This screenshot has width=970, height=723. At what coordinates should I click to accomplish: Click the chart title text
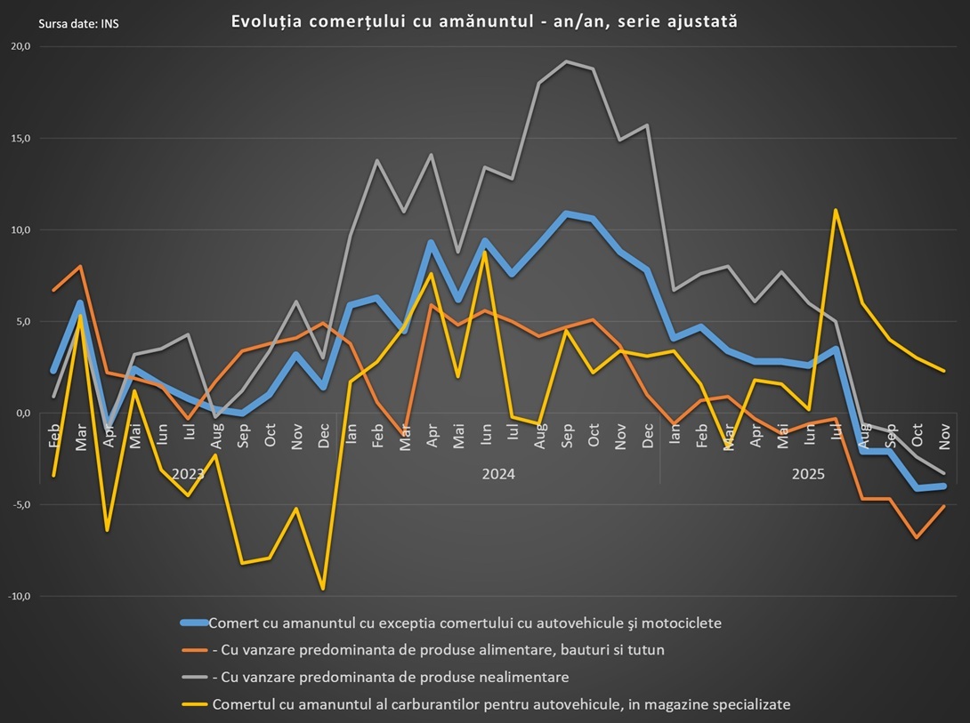(484, 21)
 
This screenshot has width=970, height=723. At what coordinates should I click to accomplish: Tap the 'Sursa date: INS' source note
(78, 23)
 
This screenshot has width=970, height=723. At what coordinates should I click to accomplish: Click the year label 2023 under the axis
(188, 474)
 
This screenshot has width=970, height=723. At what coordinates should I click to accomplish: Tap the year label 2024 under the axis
(498, 474)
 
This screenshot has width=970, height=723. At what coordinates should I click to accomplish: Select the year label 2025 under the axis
(808, 474)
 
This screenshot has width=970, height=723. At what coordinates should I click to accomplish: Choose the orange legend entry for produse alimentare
(438, 650)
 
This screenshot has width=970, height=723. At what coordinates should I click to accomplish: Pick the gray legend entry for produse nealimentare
(390, 678)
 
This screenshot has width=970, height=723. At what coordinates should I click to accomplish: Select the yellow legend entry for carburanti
(500, 704)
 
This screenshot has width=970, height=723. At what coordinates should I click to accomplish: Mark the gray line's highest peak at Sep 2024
(566, 61)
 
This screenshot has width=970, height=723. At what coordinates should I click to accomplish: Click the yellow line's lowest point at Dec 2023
(323, 589)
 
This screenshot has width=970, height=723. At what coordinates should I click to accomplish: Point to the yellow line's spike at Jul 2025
(836, 211)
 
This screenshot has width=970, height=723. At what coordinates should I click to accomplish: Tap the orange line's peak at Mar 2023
(81, 267)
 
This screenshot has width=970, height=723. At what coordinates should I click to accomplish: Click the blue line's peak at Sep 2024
(566, 214)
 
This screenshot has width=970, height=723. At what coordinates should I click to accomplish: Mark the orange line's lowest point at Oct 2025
(917, 537)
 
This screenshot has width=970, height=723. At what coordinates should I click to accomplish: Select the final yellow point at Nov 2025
(943, 371)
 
